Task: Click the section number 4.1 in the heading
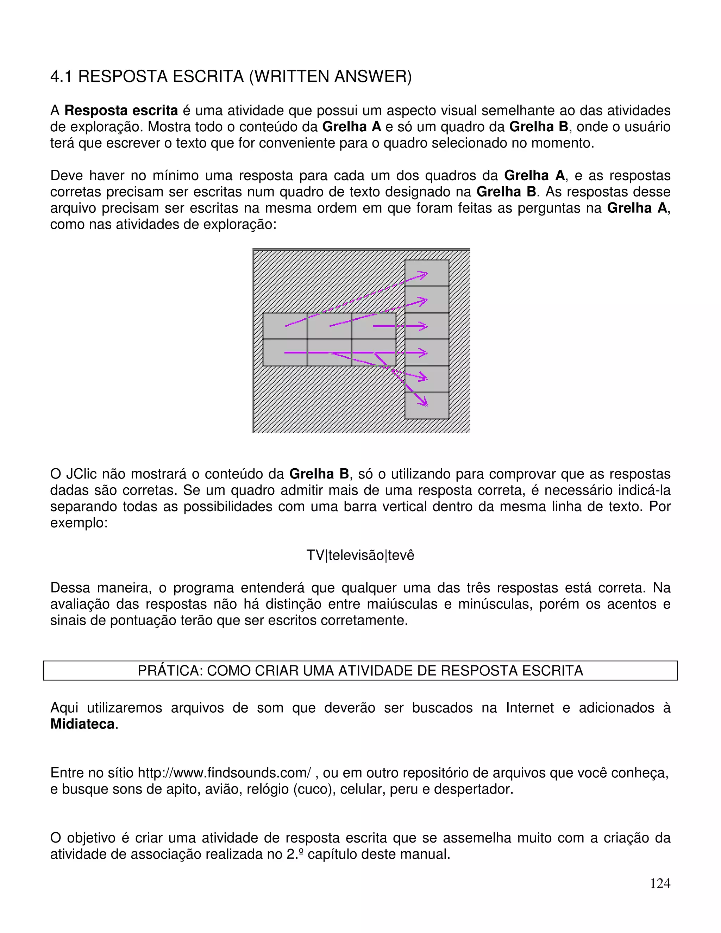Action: click(61, 77)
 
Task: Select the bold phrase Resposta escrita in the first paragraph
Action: click(121, 111)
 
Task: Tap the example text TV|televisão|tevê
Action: click(360, 555)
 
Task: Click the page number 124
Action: click(660, 883)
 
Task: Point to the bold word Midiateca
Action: click(82, 724)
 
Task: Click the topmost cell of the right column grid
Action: click(426, 273)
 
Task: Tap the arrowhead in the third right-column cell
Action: click(423, 326)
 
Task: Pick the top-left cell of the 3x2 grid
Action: click(285, 326)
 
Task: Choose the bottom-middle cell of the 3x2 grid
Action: click(329, 353)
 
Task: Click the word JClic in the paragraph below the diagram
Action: click(83, 474)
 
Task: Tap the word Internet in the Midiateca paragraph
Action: click(529, 708)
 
